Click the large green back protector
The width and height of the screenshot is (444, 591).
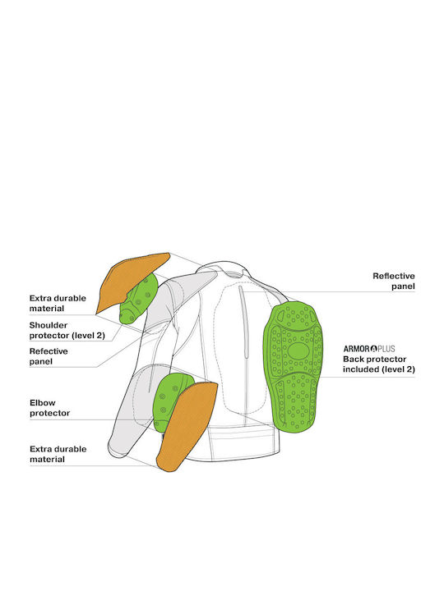[x=293, y=365]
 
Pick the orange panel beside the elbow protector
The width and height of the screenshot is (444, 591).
[x=187, y=426]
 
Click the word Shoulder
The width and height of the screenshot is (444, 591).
[x=49, y=325]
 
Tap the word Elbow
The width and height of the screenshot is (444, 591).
[x=42, y=402]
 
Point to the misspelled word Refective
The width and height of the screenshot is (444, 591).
[x=49, y=351]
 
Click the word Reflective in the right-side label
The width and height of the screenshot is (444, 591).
[x=393, y=276]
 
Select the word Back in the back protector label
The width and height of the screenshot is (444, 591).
[x=353, y=360]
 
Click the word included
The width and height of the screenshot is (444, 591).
[x=361, y=369]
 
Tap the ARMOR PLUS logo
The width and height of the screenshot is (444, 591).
[x=369, y=349]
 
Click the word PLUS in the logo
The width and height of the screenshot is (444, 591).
[x=386, y=349]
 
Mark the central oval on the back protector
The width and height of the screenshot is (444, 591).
[x=298, y=351]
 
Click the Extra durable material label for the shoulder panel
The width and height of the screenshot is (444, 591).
[x=58, y=304]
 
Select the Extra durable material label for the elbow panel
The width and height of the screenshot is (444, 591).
[x=58, y=454]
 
